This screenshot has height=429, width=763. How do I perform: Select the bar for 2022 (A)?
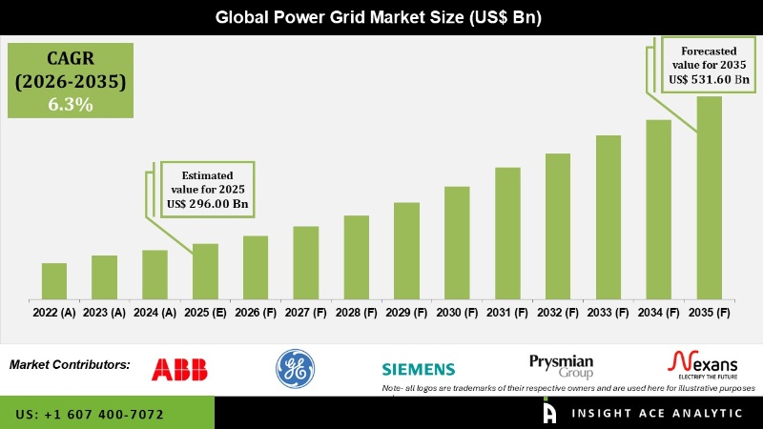point(54,281)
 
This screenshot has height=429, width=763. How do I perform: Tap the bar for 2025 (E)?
point(205,272)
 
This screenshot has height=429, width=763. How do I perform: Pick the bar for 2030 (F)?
point(457,243)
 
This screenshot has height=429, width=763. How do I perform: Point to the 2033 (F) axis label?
point(608,312)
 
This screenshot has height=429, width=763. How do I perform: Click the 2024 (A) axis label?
point(155,312)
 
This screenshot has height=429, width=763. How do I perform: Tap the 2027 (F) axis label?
point(306,312)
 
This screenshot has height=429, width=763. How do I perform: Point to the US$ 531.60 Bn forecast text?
point(708,79)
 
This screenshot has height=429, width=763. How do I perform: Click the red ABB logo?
point(180,369)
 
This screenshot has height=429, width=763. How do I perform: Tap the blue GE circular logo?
point(295,369)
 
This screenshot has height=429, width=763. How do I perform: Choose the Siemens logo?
point(419,370)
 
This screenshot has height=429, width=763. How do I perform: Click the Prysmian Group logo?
point(562,365)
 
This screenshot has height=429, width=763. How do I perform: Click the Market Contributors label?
point(70,365)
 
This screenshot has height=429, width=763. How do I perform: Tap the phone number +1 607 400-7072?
point(90,415)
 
